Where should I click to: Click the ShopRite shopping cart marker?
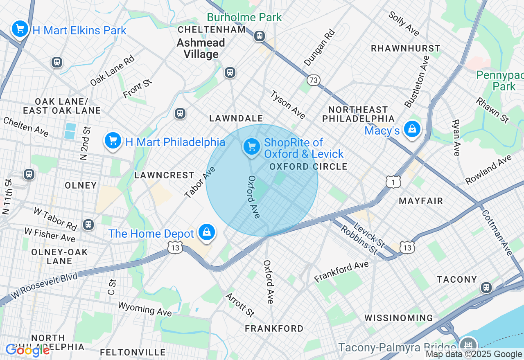coord(251,146)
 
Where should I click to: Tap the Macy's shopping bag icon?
coord(412,129)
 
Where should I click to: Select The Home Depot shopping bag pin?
coord(207,232)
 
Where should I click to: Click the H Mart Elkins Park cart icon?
coord(20,29)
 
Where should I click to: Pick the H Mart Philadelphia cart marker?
coord(113,141)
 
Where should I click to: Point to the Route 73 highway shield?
coord(313,80)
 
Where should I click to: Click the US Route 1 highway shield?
coord(393,182)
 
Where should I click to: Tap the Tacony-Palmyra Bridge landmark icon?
coord(468,344)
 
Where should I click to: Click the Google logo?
coord(27,350)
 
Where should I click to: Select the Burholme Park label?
coord(244,17)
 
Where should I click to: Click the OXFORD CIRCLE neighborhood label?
coord(308,166)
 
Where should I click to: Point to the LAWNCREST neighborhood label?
coord(164,175)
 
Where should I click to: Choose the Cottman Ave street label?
coord(497,233)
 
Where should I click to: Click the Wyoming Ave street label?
coord(145,309)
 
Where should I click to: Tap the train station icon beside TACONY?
coord(486,287)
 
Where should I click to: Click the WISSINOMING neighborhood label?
coord(398,318)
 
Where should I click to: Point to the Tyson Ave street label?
coord(287,105)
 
